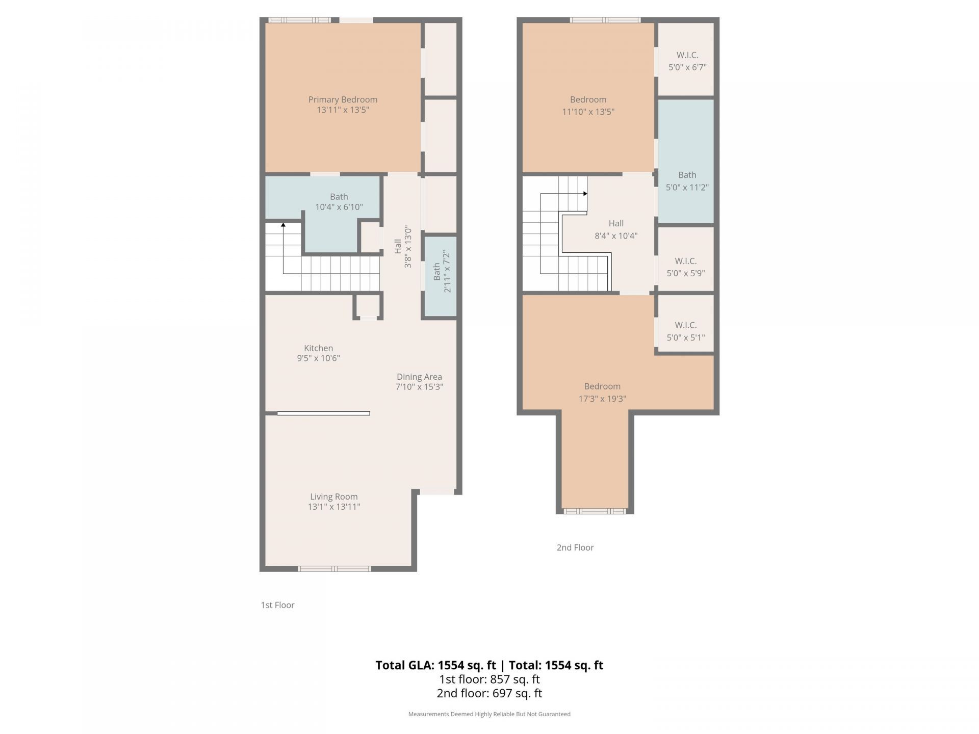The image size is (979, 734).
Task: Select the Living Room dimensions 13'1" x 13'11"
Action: [334, 507]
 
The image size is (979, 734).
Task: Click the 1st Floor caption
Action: [277, 605]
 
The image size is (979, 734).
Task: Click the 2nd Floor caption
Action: [575, 547]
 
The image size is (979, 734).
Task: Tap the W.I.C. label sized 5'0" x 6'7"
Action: [687, 61]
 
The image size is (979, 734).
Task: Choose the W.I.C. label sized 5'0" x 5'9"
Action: [686, 267]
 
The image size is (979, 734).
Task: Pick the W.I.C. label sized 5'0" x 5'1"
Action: [686, 331]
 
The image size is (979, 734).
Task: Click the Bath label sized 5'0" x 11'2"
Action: [687, 181]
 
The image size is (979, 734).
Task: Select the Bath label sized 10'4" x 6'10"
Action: [339, 202]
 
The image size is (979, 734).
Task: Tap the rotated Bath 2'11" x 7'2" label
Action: [442, 271]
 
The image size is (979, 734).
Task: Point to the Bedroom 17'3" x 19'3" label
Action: [602, 392]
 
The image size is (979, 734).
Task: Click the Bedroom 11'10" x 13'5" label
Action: [588, 106]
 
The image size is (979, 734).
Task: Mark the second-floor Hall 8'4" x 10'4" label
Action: [616, 229]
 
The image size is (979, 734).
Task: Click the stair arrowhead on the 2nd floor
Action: [585, 194]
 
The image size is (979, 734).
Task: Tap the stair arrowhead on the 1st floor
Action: [283, 225]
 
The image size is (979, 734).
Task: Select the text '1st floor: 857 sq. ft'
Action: [489, 679]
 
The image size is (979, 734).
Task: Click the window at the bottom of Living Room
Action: [334, 568]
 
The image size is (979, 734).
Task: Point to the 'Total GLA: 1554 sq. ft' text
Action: [435, 665]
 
